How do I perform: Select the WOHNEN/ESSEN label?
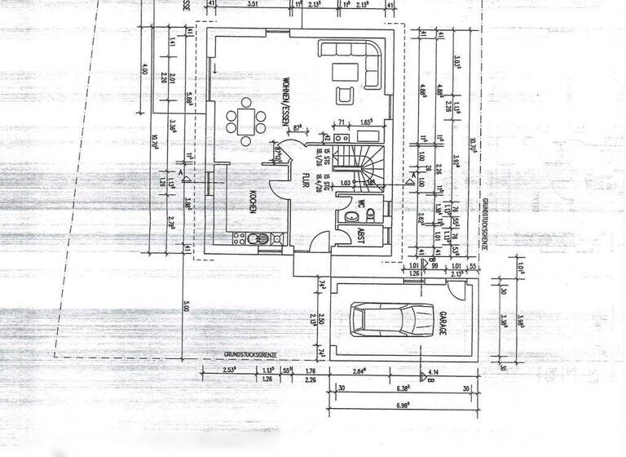pos(287,102)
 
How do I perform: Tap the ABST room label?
pos(359,236)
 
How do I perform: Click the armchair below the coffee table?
pos(346,95)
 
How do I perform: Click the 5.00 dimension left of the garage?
pos(187,306)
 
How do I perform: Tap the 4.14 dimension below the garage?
pos(445,371)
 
